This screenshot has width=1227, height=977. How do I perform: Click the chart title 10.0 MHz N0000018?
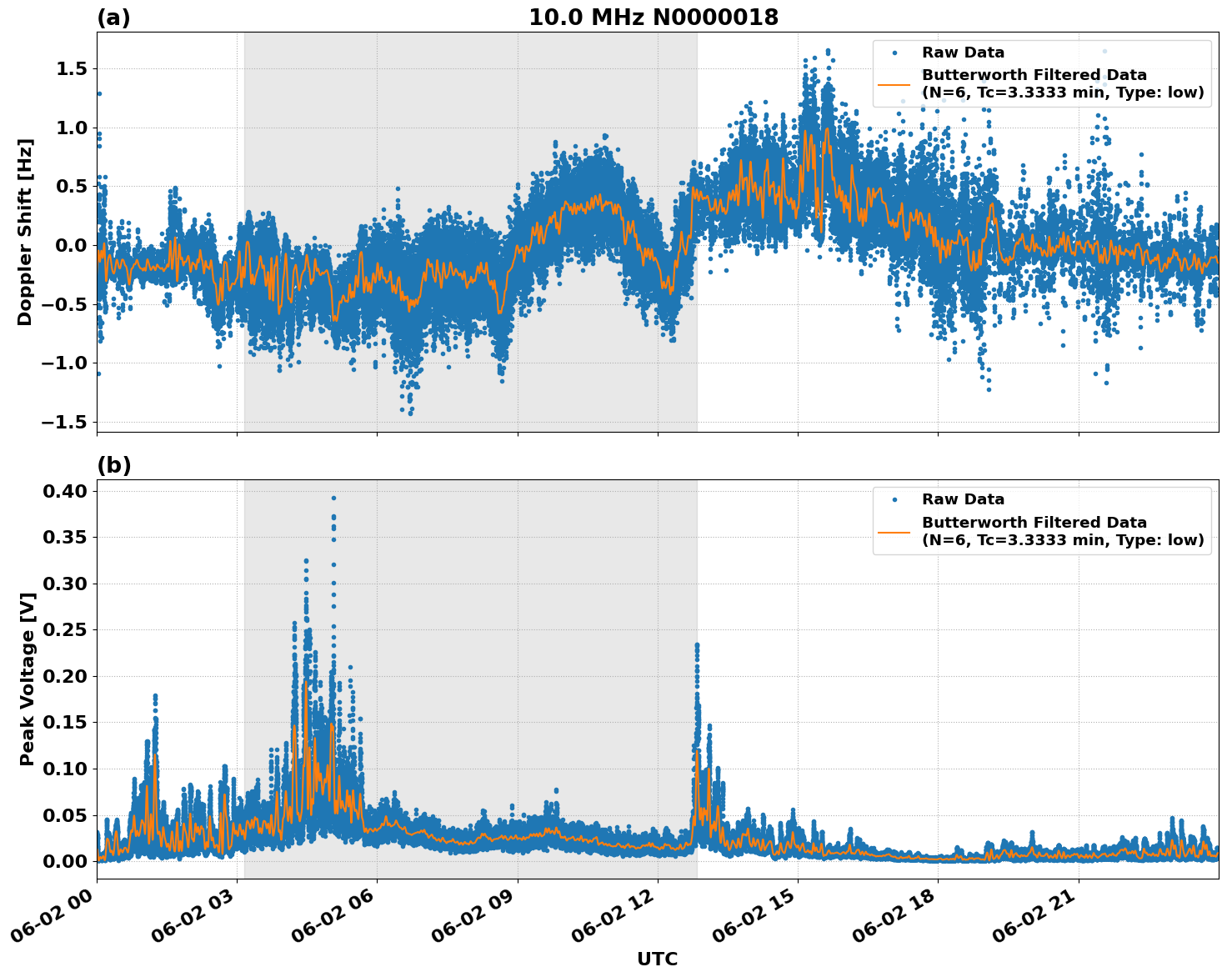pyautogui.click(x=653, y=18)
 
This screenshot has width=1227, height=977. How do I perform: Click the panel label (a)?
pyautogui.click(x=113, y=18)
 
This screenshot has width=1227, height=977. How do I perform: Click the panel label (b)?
pyautogui.click(x=113, y=465)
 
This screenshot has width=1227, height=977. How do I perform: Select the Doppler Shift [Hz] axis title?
pyautogui.click(x=25, y=232)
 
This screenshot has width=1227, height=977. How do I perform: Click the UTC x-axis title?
pyautogui.click(x=657, y=959)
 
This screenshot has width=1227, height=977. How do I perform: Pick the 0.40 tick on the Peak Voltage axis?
pyautogui.click(x=66, y=491)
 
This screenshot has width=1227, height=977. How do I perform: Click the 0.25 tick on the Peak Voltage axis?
pyautogui.click(x=66, y=630)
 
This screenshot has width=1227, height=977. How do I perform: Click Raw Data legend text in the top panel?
pyautogui.click(x=963, y=53)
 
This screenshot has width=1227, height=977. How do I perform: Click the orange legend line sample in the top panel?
pyautogui.click(x=894, y=84)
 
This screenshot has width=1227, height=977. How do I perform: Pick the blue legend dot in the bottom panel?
pyautogui.click(x=894, y=499)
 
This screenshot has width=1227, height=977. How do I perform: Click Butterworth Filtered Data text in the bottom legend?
pyautogui.click(x=1034, y=523)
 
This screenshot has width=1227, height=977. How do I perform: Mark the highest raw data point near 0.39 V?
pyautogui.click(x=333, y=498)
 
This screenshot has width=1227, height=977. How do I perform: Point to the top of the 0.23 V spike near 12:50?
pyautogui.click(x=697, y=644)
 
